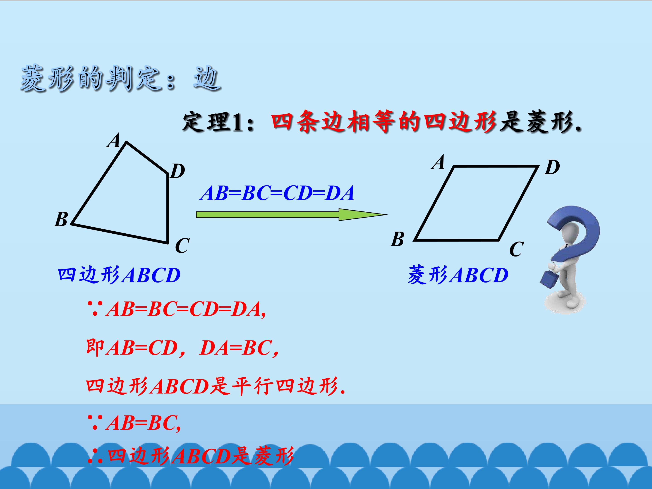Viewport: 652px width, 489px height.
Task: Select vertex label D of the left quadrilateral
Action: point(177,171)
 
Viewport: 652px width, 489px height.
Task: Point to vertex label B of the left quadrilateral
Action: point(61,219)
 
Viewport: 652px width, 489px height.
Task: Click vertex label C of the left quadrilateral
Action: point(182,246)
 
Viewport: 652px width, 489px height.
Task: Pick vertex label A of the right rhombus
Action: point(438,162)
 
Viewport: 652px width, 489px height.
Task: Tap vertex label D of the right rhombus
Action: point(552,168)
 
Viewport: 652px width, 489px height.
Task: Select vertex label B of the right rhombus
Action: point(397,239)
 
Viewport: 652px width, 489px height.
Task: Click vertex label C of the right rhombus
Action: point(516,249)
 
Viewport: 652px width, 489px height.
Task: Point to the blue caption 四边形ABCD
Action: point(119,275)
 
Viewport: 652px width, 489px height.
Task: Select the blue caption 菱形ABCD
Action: point(458,275)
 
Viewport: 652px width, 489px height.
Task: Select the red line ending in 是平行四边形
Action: point(215,386)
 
